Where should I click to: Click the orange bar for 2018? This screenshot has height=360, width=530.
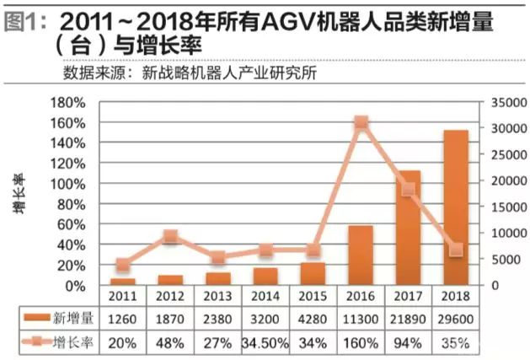click(x=457, y=207)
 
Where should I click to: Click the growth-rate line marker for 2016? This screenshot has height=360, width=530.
click(x=361, y=122)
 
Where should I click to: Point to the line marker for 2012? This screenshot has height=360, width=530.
click(x=170, y=237)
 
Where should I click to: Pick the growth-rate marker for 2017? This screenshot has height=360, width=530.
click(x=409, y=190)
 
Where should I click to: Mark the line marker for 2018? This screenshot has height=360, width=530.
click(x=457, y=250)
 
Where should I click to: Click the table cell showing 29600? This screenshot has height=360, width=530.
click(x=457, y=320)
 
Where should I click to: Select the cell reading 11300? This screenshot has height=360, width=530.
click(x=361, y=320)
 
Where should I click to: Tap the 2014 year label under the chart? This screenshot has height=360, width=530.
click(x=265, y=297)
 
